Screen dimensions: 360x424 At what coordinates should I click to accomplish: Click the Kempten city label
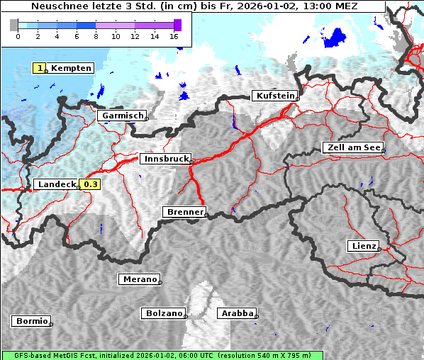(71, 68)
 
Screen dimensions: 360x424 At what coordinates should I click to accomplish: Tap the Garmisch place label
(122, 116)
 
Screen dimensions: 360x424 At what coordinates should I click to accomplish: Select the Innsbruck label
(164, 159)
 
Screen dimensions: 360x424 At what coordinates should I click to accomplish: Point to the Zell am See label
(352, 147)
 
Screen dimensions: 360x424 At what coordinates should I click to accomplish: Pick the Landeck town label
(57, 184)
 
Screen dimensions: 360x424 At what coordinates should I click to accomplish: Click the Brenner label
(184, 212)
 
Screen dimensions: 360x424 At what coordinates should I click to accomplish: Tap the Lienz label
(363, 246)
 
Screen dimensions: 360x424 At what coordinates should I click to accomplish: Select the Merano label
(139, 279)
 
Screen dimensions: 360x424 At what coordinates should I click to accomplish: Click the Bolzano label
(164, 313)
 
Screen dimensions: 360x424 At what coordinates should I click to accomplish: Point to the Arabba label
(236, 313)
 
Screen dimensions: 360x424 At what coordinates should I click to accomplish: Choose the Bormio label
(31, 321)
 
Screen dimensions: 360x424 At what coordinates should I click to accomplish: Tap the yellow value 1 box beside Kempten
(40, 68)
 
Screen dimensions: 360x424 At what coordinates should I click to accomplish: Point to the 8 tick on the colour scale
(96, 36)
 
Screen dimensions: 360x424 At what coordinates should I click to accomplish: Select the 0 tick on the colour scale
(18, 36)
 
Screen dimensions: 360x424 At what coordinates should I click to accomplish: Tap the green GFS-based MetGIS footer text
(162, 355)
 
